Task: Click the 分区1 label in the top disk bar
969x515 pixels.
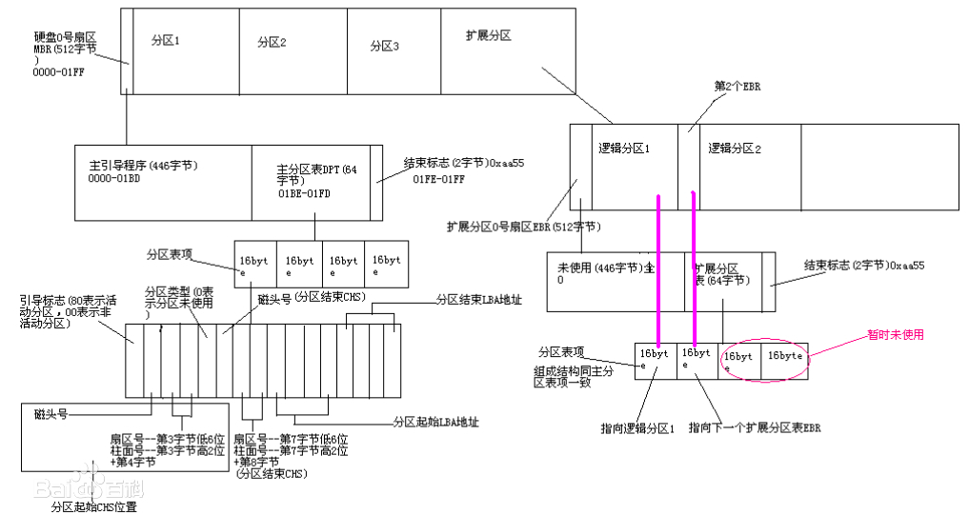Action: [166, 42]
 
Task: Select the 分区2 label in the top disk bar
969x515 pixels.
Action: [272, 42]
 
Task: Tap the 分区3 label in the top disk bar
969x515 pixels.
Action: [384, 46]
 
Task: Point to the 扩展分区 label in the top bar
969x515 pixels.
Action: [489, 35]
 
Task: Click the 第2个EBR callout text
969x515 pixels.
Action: [737, 86]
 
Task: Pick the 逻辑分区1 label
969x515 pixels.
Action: [624, 149]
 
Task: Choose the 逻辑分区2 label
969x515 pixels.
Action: [735, 149]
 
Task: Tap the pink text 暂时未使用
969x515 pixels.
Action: [895, 334]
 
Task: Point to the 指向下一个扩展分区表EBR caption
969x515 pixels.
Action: [755, 428]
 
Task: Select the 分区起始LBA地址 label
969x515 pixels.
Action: [435, 422]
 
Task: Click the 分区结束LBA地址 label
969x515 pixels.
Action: [478, 299]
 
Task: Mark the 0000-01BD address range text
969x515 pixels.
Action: [113, 178]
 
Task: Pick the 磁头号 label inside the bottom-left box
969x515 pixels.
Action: [50, 414]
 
